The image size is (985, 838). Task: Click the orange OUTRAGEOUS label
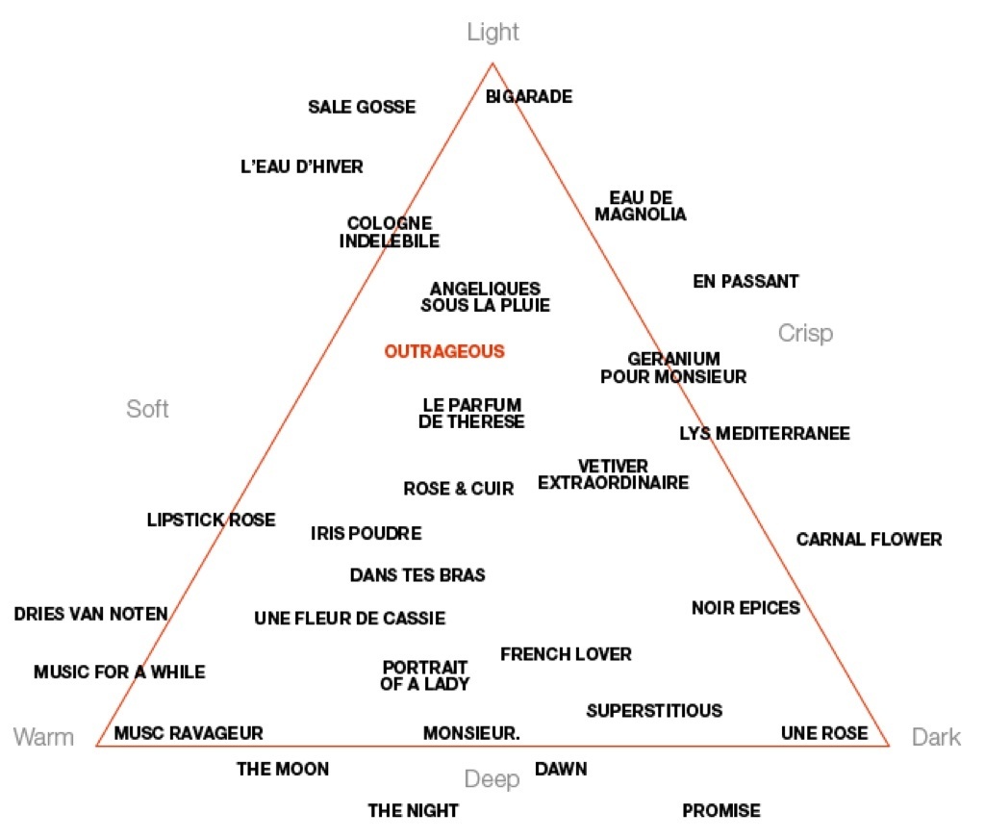(444, 351)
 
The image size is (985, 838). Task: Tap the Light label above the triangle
(493, 33)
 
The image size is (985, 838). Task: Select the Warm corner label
(43, 737)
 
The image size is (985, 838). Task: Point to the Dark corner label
(936, 737)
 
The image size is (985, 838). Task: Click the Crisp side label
(805, 334)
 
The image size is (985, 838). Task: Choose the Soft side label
(147, 409)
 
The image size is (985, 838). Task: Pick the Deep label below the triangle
(492, 779)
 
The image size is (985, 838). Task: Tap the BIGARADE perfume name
(529, 97)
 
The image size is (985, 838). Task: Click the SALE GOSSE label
(362, 108)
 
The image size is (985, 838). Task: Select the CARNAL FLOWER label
(870, 540)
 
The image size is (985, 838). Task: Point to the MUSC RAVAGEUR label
(189, 733)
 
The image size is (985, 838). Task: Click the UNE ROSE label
(824, 733)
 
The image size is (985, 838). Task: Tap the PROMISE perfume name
(721, 810)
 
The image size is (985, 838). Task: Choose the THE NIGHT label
(414, 810)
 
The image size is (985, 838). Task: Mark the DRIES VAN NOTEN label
(91, 614)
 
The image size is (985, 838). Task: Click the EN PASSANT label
(745, 282)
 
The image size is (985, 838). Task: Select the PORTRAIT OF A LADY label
(425, 675)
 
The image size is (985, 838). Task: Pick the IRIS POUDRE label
(366, 533)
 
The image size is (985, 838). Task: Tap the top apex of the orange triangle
(492, 63)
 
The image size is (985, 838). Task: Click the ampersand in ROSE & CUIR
(461, 489)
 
